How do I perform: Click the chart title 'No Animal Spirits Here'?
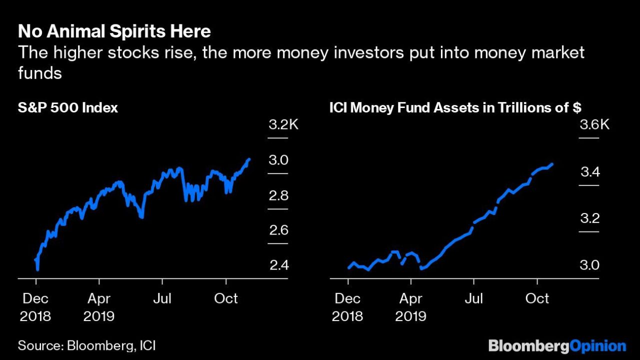[114, 32]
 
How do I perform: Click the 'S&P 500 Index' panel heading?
[68, 107]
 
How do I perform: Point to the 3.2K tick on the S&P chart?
[283, 124]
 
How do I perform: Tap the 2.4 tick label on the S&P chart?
[278, 265]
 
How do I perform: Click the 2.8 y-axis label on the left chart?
[278, 195]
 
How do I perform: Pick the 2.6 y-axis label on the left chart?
[278, 230]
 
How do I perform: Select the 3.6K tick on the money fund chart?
[594, 124]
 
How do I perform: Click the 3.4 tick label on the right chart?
[590, 172]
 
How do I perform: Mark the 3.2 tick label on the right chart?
[590, 219]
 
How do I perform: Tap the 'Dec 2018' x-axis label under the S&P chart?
[36, 307]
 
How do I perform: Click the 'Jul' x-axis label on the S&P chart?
[162, 298]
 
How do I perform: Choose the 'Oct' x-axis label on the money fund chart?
[537, 298]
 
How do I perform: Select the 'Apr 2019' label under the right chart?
[410, 307]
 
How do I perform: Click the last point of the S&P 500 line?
[249, 159]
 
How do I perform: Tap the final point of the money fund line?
[551, 164]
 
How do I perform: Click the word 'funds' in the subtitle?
[39, 73]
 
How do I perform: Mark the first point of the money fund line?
[349, 267]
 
